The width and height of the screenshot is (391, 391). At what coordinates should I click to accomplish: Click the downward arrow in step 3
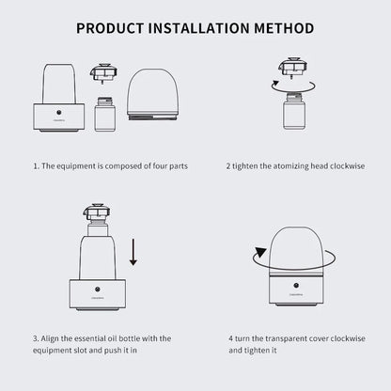[133, 252]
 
